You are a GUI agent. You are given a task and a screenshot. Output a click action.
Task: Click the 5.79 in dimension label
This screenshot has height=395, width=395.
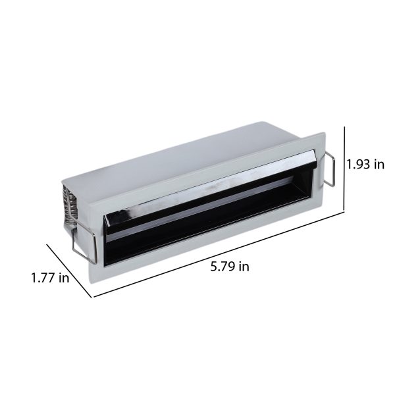pos(230,267)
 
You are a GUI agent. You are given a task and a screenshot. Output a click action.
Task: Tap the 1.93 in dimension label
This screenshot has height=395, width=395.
pos(365,165)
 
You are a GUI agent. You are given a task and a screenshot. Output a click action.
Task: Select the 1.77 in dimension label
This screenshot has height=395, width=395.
pos(50,278)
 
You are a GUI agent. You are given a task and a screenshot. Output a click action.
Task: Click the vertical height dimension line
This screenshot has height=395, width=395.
pos(344,169)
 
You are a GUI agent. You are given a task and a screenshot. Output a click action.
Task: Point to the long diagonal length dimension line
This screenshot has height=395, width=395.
pos(219,255)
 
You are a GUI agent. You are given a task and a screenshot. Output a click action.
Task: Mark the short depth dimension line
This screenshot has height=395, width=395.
pos(69,271)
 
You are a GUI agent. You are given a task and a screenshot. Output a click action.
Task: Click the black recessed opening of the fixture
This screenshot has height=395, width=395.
pos(207,219)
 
